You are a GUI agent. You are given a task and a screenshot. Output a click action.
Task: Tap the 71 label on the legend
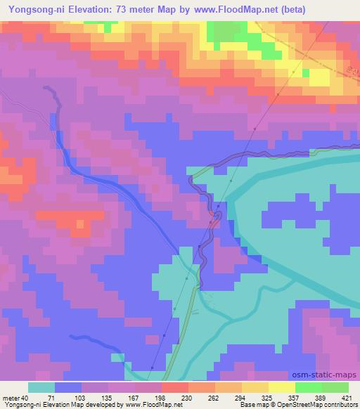tap(51, 397)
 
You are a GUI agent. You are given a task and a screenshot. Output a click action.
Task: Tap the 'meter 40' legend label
tap(15, 397)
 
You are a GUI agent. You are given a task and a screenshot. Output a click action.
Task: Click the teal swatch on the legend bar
tap(41, 387)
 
